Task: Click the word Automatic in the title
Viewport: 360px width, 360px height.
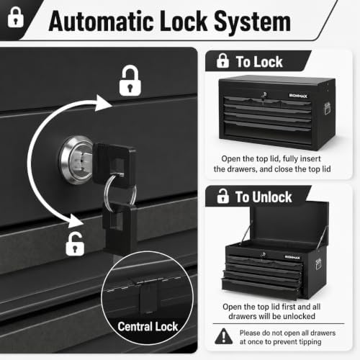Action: coord(101,21)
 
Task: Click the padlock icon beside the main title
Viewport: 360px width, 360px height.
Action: coord(16,17)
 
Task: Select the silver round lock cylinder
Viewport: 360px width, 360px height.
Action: coord(76,160)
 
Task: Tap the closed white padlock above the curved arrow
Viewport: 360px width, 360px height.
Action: coord(130,81)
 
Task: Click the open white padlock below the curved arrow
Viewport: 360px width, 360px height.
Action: coord(75,243)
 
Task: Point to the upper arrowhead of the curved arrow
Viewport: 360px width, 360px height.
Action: coord(103,103)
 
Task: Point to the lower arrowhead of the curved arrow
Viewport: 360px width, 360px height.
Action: coord(76,221)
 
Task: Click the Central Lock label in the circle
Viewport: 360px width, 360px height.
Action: coord(148,326)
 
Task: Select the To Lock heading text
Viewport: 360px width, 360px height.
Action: coord(259,62)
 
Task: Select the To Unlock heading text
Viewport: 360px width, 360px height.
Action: coord(264,197)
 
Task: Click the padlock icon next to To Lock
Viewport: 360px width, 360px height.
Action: coord(222,60)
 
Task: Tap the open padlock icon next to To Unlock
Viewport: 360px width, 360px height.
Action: coord(222,196)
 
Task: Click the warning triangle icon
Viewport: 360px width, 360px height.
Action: coord(224,336)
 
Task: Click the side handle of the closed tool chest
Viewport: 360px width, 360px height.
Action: coord(327,109)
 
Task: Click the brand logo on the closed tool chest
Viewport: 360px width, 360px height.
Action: coord(298,96)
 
